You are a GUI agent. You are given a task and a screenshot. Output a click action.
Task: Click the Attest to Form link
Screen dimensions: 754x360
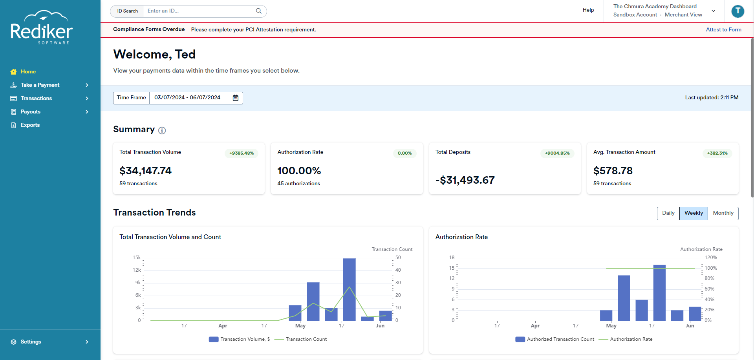pyautogui.click(x=723, y=29)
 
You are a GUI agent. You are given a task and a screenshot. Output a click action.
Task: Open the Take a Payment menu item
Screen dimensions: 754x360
pyautogui.click(x=40, y=85)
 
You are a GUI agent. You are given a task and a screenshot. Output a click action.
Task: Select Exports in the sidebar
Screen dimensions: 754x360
pyautogui.click(x=30, y=125)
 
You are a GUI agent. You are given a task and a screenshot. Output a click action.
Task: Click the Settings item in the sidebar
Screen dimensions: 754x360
pyautogui.click(x=31, y=342)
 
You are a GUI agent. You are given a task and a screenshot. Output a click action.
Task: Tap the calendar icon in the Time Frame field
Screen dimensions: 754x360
pyautogui.click(x=236, y=98)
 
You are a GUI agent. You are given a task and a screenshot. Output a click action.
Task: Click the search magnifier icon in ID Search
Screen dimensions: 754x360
pyautogui.click(x=259, y=11)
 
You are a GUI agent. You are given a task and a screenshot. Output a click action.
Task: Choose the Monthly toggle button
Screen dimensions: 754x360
pyautogui.click(x=723, y=213)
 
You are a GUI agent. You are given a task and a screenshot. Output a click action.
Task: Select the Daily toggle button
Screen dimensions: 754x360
pyautogui.click(x=668, y=213)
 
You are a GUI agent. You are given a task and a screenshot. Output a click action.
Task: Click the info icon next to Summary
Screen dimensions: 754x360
pyautogui.click(x=162, y=130)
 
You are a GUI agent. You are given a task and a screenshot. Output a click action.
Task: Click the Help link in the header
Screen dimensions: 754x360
pyautogui.click(x=588, y=10)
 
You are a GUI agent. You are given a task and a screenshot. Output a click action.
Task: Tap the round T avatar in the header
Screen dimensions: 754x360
pyautogui.click(x=738, y=11)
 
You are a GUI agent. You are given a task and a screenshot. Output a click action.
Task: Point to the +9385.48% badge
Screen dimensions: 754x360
pyautogui.click(x=242, y=153)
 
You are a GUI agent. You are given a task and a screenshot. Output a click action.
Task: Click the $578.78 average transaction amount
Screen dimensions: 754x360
pyautogui.click(x=613, y=171)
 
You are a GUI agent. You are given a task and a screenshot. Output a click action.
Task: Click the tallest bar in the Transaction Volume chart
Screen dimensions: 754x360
pyautogui.click(x=349, y=289)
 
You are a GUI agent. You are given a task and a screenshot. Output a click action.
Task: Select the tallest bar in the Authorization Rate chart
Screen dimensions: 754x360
pyautogui.click(x=659, y=293)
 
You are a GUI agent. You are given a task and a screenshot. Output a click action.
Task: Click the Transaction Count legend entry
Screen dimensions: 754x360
pyautogui.click(x=300, y=339)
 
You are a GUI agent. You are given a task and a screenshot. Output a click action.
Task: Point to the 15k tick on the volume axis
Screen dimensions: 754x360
pyautogui.click(x=137, y=258)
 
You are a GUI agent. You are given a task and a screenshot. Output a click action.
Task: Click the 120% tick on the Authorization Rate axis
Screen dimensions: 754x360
pyautogui.click(x=711, y=258)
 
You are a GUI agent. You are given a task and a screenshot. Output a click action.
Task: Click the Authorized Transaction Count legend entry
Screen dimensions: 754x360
pyautogui.click(x=555, y=339)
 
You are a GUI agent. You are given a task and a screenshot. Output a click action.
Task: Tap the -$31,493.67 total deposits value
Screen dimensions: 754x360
pyautogui.click(x=465, y=180)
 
